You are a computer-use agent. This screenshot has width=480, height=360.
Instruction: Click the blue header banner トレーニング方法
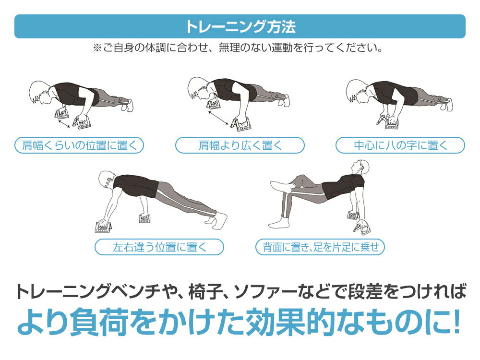click(x=240, y=26)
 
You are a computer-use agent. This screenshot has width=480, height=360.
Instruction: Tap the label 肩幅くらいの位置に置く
click(x=79, y=145)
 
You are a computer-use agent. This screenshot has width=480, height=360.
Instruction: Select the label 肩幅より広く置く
click(x=240, y=145)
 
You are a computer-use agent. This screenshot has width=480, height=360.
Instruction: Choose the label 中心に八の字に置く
click(x=400, y=145)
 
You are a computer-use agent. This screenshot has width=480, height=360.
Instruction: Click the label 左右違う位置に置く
click(x=159, y=247)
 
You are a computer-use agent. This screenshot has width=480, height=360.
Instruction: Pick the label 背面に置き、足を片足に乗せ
click(x=320, y=247)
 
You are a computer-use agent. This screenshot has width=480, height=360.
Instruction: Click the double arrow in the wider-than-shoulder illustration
click(x=218, y=118)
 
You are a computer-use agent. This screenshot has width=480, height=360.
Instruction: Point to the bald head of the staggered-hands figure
click(x=107, y=180)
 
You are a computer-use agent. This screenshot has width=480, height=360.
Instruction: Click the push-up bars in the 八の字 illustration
click(x=386, y=120)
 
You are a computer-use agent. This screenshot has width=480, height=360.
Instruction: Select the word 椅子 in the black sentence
click(x=205, y=292)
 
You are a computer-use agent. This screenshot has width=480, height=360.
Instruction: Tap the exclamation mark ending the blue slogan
click(x=456, y=321)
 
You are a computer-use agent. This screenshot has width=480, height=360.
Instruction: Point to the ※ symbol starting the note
click(x=97, y=48)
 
